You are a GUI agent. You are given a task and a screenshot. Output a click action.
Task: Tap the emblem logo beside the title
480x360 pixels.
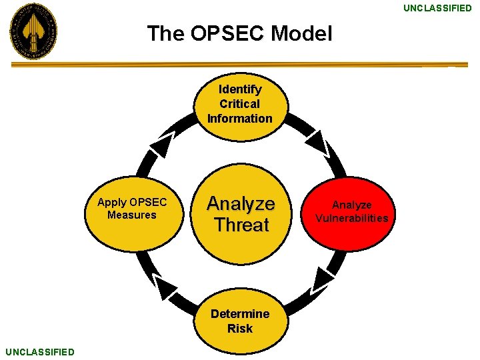point(33,31)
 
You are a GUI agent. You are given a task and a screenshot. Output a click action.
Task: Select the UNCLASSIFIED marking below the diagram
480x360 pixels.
point(39,351)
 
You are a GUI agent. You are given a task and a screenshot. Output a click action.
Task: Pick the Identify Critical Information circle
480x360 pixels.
point(240,104)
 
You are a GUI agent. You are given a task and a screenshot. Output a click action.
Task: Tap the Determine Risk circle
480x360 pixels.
point(240,321)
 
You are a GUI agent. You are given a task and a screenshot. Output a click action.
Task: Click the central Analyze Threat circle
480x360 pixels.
point(241,213)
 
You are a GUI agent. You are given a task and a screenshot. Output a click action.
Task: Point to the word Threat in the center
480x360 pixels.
point(241,225)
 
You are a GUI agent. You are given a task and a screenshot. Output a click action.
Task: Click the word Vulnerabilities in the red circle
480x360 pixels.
point(351,218)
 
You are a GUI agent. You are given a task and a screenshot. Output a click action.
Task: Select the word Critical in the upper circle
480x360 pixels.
point(240,104)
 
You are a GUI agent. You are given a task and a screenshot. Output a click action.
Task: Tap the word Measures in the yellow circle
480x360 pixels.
point(131,215)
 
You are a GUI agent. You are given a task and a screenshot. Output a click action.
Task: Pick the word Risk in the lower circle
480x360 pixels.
point(240,329)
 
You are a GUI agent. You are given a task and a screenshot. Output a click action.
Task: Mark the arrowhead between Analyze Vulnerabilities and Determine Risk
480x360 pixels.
point(322,278)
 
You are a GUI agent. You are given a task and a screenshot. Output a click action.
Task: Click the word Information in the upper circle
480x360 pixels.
point(240,119)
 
